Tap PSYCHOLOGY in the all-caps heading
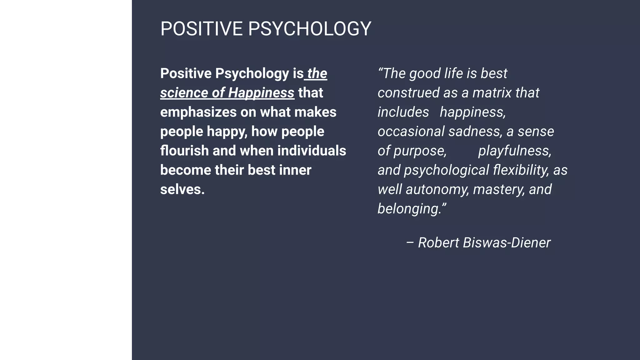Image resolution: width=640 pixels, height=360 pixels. click(x=309, y=29)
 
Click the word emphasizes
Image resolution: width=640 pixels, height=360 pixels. click(x=198, y=112)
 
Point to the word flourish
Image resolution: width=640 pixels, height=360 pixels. click(x=184, y=151)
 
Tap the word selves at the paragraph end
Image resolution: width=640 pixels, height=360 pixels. click(x=182, y=189)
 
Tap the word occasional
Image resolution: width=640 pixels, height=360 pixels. click(x=411, y=132)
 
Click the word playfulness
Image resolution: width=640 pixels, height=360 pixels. click(x=515, y=151)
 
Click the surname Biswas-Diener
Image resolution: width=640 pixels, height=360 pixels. click(x=507, y=243)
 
